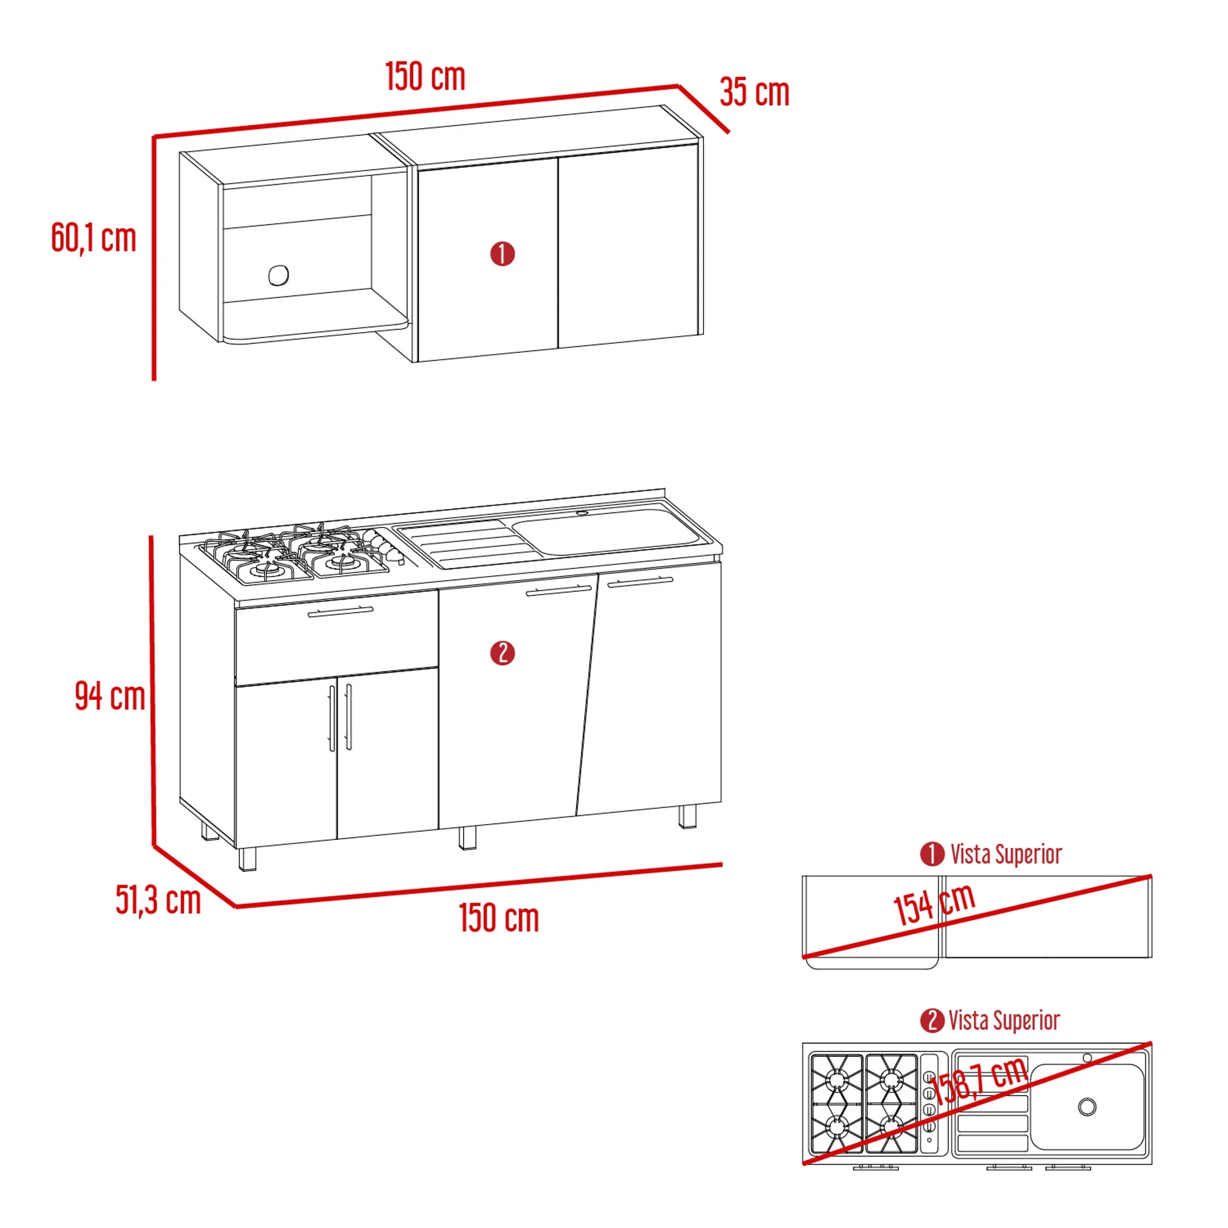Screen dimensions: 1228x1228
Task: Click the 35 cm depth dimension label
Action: (754, 92)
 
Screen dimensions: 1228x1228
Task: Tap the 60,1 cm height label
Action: (93, 238)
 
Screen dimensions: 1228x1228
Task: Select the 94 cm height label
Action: (110, 696)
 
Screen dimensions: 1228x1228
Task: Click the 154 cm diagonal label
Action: (934, 904)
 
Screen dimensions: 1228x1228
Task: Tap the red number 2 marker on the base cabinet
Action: (502, 653)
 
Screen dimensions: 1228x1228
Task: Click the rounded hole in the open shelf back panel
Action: (279, 275)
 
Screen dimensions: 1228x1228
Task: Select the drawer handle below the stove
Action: (341, 612)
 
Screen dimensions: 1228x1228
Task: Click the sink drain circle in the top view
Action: (1088, 1107)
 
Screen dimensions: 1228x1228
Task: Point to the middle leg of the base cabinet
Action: (467, 837)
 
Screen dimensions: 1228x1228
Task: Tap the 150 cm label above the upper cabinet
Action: (425, 76)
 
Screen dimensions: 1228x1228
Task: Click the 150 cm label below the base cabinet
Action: (499, 918)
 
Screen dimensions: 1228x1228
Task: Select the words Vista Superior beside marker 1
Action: (1006, 854)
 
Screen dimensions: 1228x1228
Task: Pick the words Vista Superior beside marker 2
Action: (1005, 1021)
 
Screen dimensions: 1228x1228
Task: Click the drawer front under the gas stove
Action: (336, 637)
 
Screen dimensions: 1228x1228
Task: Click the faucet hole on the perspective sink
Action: (582, 512)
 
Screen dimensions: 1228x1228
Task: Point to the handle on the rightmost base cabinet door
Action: (640, 582)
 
